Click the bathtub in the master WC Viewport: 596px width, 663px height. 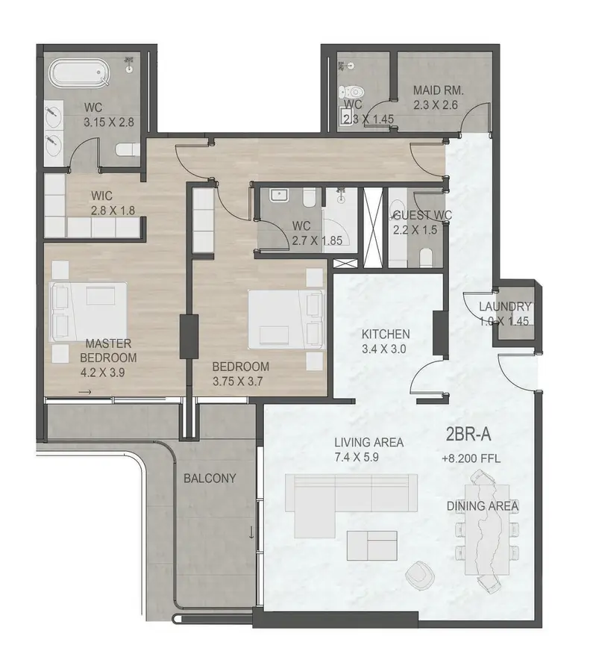[79, 74]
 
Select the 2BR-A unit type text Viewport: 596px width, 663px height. [468, 435]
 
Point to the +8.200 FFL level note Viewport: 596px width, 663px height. [471, 458]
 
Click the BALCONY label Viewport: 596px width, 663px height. [210, 479]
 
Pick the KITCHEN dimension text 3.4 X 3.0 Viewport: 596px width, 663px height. [383, 349]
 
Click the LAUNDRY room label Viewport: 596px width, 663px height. [505, 307]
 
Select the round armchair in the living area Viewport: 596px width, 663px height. [419, 575]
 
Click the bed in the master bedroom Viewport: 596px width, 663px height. [89, 312]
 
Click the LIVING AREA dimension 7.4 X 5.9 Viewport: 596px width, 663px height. [356, 457]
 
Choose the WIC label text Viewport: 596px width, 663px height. [101, 196]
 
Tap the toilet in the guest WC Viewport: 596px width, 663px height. [427, 258]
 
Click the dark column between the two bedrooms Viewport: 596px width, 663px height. [189, 337]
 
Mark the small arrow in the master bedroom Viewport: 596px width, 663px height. [85, 393]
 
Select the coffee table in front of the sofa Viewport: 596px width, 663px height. [372, 546]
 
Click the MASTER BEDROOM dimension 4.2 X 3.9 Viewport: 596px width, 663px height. [102, 373]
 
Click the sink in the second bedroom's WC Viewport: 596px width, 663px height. [279, 195]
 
